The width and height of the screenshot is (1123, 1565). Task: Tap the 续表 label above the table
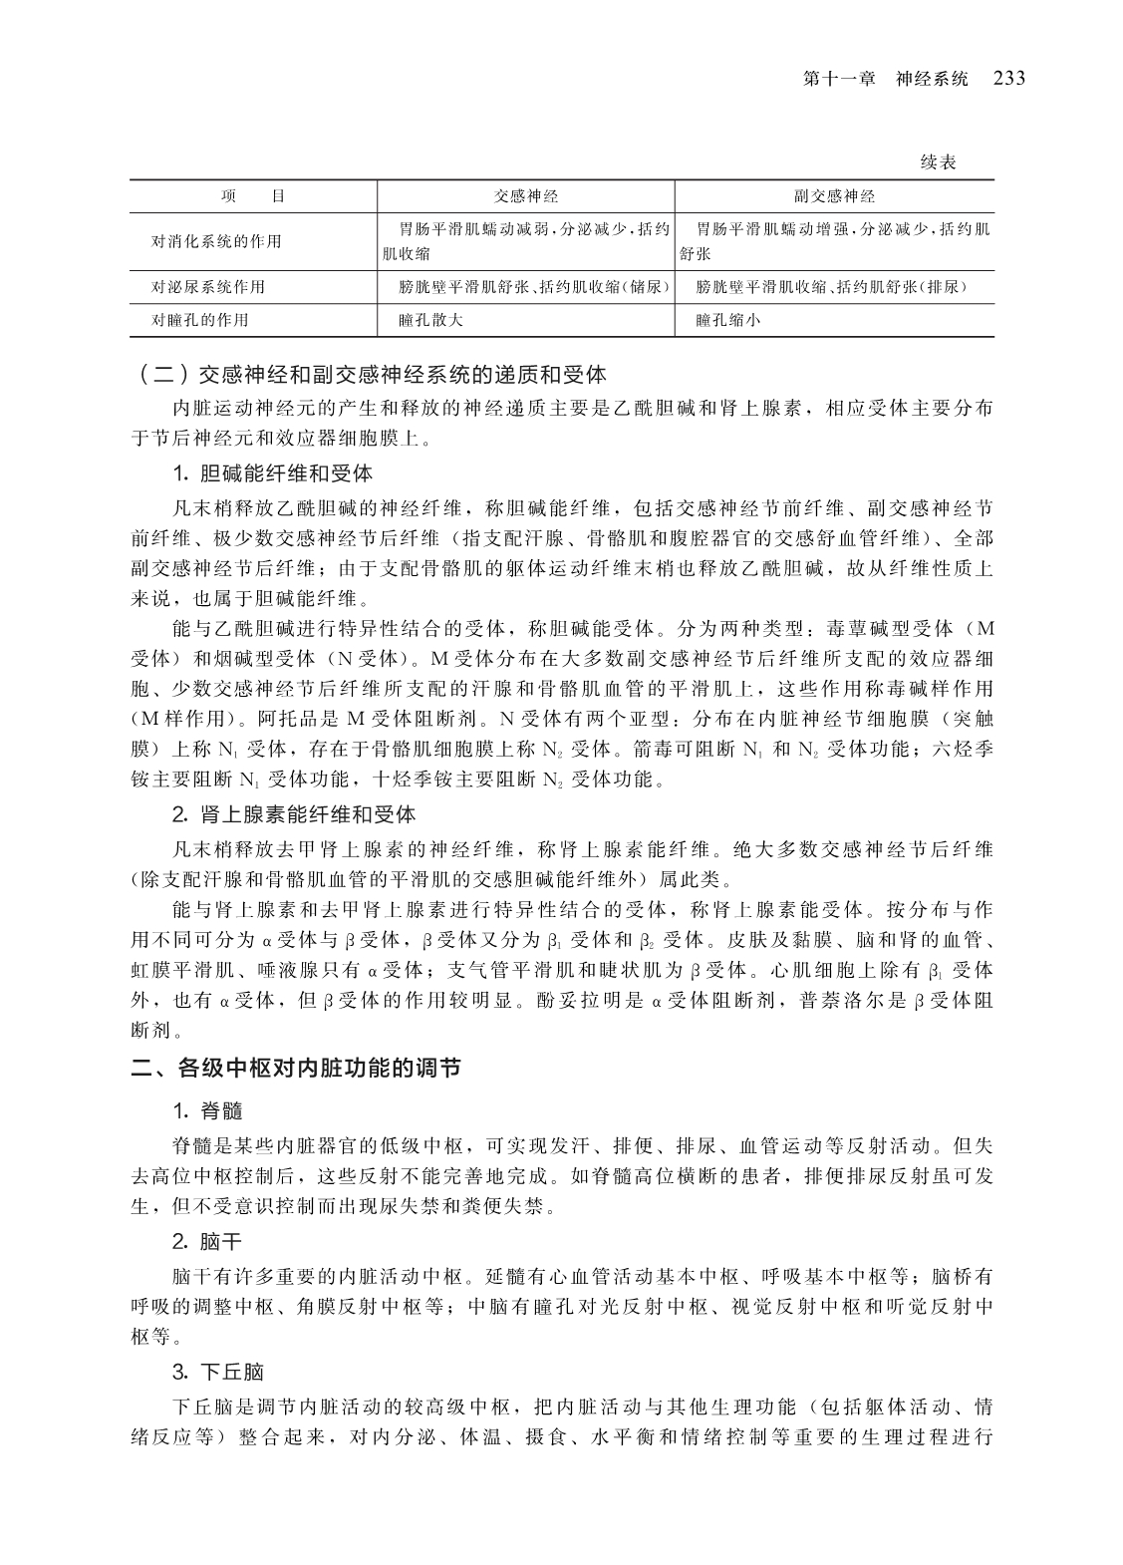click(x=938, y=162)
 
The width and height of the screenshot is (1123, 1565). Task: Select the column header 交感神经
click(x=527, y=196)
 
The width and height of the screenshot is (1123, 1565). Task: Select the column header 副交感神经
click(x=834, y=196)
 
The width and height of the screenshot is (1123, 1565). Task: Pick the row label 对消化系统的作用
click(x=216, y=241)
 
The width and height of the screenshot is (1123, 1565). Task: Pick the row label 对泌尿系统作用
click(x=208, y=287)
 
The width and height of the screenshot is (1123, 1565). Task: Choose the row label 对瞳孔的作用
click(x=200, y=320)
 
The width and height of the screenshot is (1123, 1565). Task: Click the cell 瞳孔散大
click(x=430, y=320)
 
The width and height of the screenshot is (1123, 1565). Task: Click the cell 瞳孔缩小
click(x=728, y=320)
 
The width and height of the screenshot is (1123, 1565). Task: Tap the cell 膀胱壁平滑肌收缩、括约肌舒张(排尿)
click(x=832, y=287)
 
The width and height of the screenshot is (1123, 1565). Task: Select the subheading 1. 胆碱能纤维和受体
click(x=272, y=472)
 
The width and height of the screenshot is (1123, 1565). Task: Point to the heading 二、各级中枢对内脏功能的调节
click(x=297, y=1069)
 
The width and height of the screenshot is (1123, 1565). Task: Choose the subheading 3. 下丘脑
click(x=218, y=1372)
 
